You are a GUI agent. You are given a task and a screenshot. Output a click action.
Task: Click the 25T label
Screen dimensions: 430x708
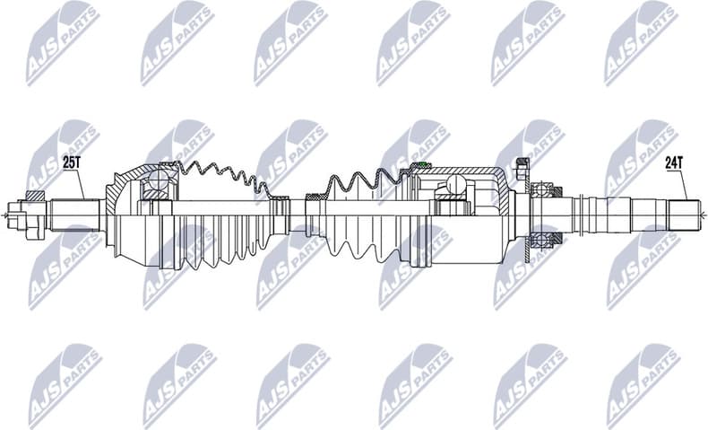pyautogui.click(x=71, y=162)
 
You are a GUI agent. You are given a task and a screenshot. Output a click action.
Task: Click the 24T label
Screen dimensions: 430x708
pyautogui.click(x=674, y=162)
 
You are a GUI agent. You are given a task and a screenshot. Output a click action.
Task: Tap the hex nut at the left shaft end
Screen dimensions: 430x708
pyautogui.click(x=20, y=215)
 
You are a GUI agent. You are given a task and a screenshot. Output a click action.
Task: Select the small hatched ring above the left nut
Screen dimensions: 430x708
pyautogui.click(x=35, y=196)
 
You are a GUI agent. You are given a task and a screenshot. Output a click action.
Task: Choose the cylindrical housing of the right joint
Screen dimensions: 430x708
pyautogui.click(x=471, y=215)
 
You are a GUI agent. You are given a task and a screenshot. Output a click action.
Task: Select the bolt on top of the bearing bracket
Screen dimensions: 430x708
pyautogui.click(x=522, y=167)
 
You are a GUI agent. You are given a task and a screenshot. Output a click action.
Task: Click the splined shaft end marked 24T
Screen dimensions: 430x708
pyautogui.click(x=681, y=215)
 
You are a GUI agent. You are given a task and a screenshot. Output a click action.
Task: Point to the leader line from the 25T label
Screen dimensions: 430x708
pyautogui.click(x=80, y=184)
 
